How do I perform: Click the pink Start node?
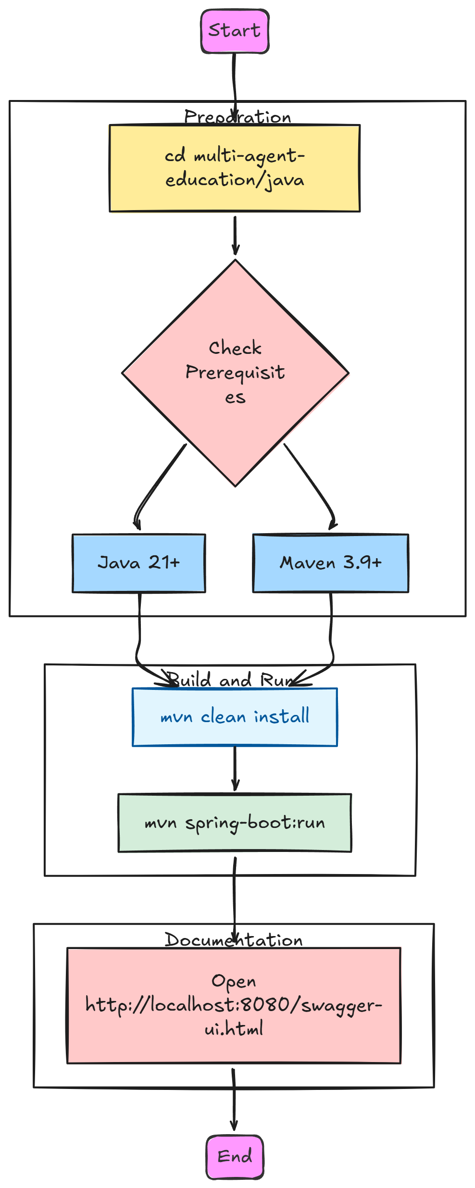(x=235, y=31)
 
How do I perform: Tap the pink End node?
(x=235, y=1157)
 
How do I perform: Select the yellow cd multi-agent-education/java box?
(x=235, y=168)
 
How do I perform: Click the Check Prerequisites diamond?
(x=235, y=373)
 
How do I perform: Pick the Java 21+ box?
(x=139, y=563)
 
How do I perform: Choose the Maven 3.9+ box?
(x=331, y=563)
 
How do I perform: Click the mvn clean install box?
(x=235, y=717)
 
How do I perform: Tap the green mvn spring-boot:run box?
(x=235, y=823)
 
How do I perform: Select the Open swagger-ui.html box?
(x=234, y=1005)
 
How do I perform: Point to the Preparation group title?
(x=237, y=117)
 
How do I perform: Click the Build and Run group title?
(x=230, y=680)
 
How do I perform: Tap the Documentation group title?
(x=234, y=939)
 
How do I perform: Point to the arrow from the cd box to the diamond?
(x=235, y=236)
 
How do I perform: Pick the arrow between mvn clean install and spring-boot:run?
(x=235, y=768)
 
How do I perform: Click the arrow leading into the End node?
(x=234, y=1100)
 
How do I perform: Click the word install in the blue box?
(x=282, y=716)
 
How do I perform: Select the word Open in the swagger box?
(x=234, y=981)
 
